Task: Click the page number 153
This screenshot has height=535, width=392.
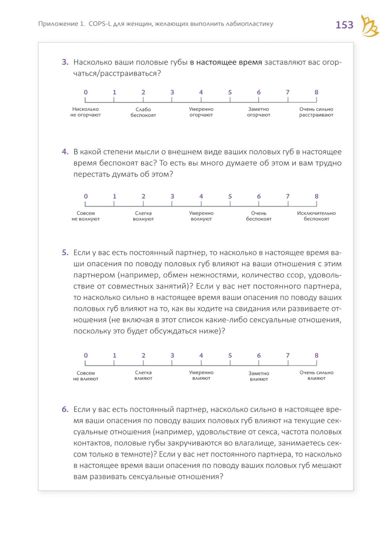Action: (x=344, y=25)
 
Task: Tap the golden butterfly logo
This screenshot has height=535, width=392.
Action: (x=370, y=26)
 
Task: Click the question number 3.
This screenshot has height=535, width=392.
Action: (x=65, y=62)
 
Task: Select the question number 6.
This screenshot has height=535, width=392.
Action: (x=65, y=409)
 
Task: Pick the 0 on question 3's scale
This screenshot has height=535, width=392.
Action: (x=86, y=93)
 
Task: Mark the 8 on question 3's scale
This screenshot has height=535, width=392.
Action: (x=316, y=93)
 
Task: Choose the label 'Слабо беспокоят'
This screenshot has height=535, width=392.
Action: (x=143, y=112)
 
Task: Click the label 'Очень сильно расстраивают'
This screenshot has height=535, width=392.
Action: (x=316, y=112)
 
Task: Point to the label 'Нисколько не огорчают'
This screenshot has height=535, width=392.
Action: (x=85, y=112)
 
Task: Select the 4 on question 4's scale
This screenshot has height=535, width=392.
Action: (x=201, y=197)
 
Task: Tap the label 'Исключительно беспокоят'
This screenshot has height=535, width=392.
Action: (x=316, y=216)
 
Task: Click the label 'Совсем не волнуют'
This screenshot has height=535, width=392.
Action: (x=85, y=216)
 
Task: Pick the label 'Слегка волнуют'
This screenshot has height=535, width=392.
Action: (x=143, y=216)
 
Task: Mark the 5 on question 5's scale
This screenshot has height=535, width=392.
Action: (x=230, y=356)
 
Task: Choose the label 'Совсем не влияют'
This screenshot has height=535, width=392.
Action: (x=85, y=376)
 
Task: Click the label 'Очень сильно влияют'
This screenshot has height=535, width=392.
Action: (x=316, y=375)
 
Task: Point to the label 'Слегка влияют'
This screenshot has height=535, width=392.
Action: (x=143, y=375)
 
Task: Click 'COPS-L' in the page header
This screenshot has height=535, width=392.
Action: (x=100, y=24)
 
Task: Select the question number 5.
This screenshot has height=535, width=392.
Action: (x=65, y=253)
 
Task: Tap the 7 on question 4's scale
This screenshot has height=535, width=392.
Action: (x=288, y=197)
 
